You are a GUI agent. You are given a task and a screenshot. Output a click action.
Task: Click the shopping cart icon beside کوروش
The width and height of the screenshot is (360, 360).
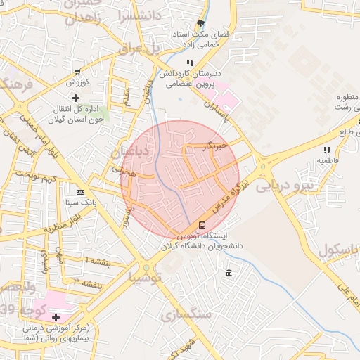(x=77, y=72)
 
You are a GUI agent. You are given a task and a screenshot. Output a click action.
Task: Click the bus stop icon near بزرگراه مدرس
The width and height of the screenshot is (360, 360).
(x=202, y=225)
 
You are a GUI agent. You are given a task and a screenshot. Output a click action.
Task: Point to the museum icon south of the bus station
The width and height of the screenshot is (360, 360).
(x=229, y=273)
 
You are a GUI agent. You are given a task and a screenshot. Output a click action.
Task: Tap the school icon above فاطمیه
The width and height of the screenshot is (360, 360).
(x=326, y=150)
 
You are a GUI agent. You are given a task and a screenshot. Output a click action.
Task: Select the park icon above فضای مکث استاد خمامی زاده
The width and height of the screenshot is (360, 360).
(x=202, y=23)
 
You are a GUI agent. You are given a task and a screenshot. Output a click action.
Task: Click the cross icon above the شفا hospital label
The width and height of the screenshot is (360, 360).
(x=56, y=317)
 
